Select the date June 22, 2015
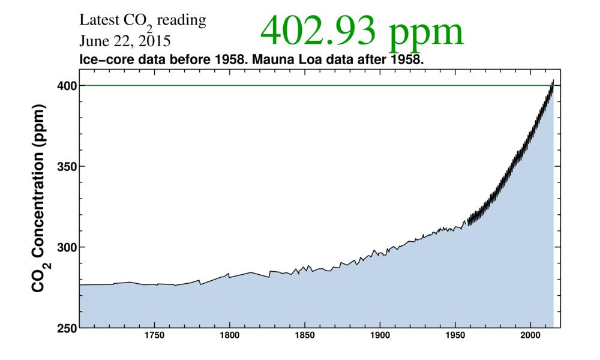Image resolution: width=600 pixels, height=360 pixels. (125, 42)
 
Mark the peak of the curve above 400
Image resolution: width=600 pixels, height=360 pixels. (553, 80)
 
